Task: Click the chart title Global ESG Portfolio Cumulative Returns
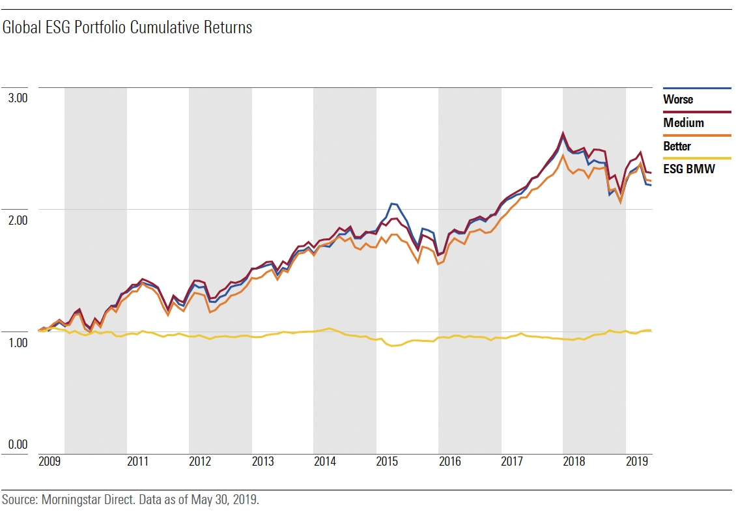tap(127, 28)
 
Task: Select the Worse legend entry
tap(677, 100)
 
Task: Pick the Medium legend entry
tap(683, 123)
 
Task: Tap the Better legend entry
tap(677, 147)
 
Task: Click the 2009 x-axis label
tap(50, 462)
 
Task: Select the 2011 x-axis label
tap(137, 462)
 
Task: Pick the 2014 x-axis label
tap(324, 462)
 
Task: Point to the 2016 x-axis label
tap(449, 462)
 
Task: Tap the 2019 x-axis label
tap(636, 462)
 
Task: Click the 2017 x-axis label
tap(512, 462)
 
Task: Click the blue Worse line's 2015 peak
tap(391, 204)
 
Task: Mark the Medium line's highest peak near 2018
tap(563, 134)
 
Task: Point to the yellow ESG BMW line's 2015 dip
tap(392, 346)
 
